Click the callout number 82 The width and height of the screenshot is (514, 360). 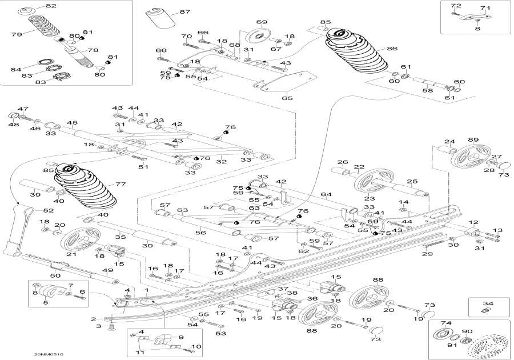pyautogui.click(x=51, y=6)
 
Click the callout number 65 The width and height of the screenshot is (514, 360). pyautogui.click(x=287, y=98)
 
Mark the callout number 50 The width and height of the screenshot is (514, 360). pyautogui.click(x=55, y=275)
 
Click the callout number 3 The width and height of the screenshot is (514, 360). pyautogui.click(x=98, y=326)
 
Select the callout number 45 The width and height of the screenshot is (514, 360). pyautogui.click(x=71, y=123)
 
